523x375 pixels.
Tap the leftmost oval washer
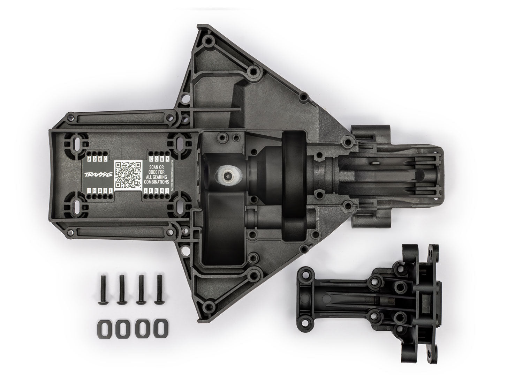click(103, 328)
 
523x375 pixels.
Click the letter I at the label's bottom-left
click(90, 190)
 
